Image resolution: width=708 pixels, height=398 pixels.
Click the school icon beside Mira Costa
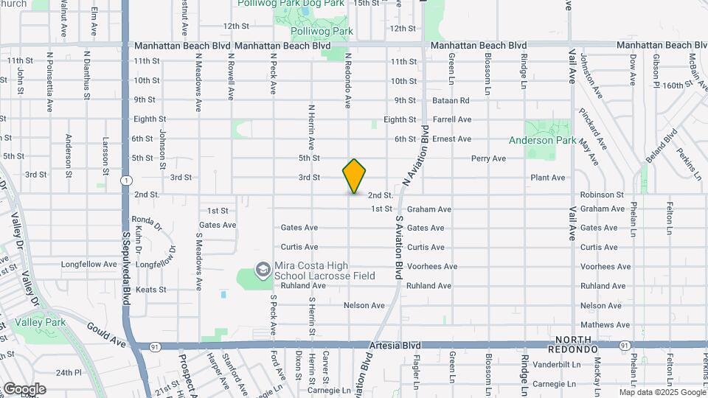tap(263, 270)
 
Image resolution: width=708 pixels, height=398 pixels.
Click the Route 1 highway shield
tap(127, 180)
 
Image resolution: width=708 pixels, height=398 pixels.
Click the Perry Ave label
tap(488, 158)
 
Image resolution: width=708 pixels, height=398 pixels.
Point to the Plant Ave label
tap(547, 178)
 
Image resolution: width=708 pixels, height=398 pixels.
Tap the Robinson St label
tap(602, 195)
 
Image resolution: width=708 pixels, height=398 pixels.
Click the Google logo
tap(24, 389)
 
